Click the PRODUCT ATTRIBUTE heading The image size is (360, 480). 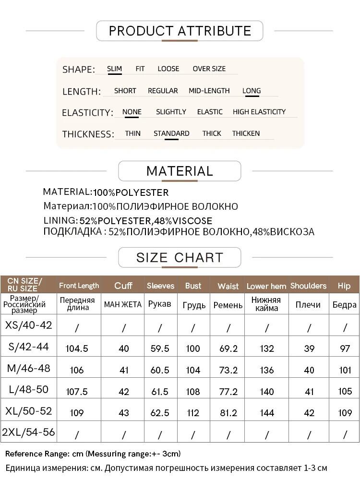coord(180,31)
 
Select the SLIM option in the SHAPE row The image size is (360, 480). coord(114,69)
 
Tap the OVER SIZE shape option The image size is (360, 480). coord(209,69)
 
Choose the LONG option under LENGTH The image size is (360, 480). coord(252,91)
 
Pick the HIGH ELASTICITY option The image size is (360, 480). coord(259,112)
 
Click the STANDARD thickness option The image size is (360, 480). coord(171,133)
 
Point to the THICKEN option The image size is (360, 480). coord(246,133)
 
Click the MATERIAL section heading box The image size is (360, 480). coord(180,171)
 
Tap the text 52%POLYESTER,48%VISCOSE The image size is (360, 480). coord(146,221)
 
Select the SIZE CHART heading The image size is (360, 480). coord(180,257)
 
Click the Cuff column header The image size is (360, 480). coord(123,286)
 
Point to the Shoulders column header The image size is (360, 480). coord(308,286)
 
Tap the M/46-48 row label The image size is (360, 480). coord(29,369)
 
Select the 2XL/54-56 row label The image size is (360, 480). coord(29,432)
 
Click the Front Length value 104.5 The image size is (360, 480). coord(77,348)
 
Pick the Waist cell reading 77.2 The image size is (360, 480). coord(228,391)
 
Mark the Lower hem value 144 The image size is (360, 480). coord(267,412)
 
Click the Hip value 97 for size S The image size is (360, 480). coord(345,348)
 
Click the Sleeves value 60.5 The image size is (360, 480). coord(160,370)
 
